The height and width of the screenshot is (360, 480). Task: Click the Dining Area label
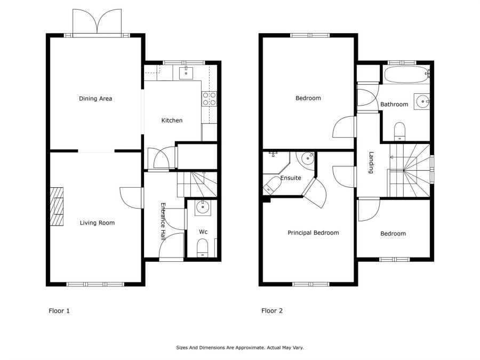click(95, 99)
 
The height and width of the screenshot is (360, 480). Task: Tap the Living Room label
click(97, 223)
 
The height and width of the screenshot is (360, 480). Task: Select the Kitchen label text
click(172, 121)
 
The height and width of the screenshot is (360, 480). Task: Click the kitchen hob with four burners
click(209, 98)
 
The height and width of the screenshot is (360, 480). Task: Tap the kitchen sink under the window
click(186, 73)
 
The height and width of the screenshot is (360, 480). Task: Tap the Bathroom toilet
click(399, 131)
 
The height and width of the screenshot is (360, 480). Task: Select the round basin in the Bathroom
click(422, 100)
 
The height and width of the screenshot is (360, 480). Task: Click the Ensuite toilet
click(270, 187)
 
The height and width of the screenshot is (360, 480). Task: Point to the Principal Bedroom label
click(313, 233)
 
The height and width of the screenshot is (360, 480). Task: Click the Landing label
click(371, 163)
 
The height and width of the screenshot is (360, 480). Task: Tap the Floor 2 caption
click(272, 311)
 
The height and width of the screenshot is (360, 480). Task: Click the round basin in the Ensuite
click(307, 158)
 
